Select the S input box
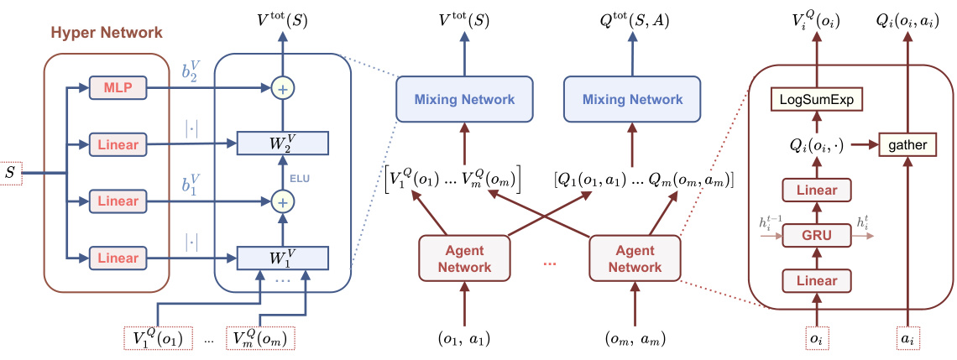(10, 174)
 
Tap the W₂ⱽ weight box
(282, 143)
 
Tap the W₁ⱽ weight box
(282, 257)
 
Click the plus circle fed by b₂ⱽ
(282, 86)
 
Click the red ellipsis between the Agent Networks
(550, 263)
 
